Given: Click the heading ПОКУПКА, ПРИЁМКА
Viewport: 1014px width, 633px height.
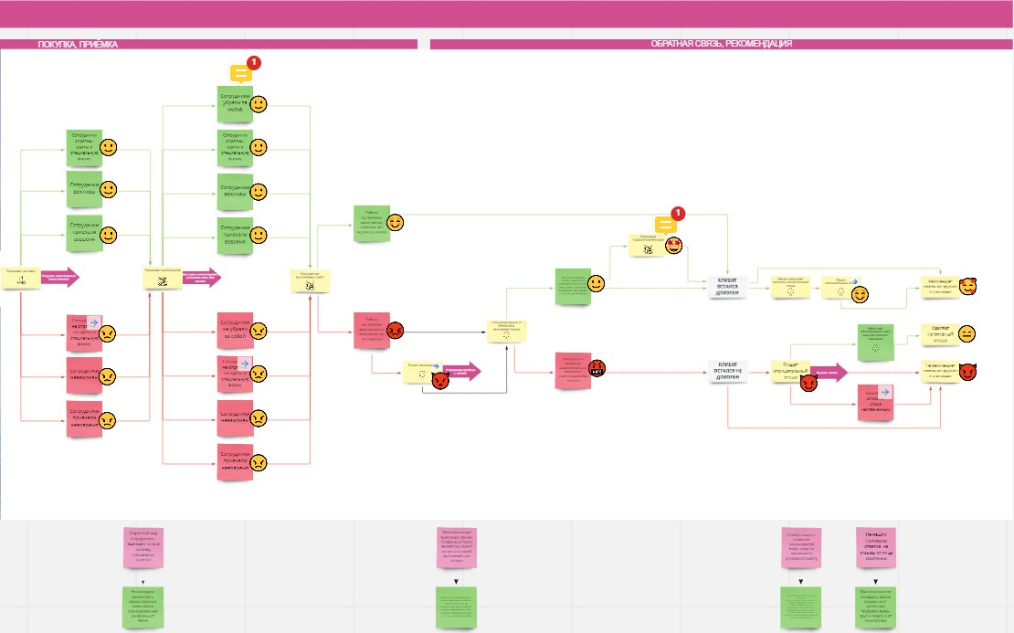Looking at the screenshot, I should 78,44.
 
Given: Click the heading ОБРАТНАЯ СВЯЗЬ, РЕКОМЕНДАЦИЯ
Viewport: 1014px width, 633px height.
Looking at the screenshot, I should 721,44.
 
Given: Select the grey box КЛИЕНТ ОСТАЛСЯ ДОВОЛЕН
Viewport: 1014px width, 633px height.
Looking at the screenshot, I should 728,287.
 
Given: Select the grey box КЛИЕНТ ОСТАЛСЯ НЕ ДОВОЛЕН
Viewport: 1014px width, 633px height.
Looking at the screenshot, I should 728,372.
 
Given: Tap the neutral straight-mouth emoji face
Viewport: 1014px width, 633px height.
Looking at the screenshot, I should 966,333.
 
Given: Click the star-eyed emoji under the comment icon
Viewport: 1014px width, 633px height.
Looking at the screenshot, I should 675,245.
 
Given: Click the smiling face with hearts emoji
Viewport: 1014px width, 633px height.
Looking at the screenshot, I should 967,287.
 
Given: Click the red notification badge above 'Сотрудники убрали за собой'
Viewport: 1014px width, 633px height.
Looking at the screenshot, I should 254,63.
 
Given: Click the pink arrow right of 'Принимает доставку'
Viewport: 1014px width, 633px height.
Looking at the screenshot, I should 60,277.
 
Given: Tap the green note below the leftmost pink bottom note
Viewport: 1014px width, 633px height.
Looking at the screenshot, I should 143,607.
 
